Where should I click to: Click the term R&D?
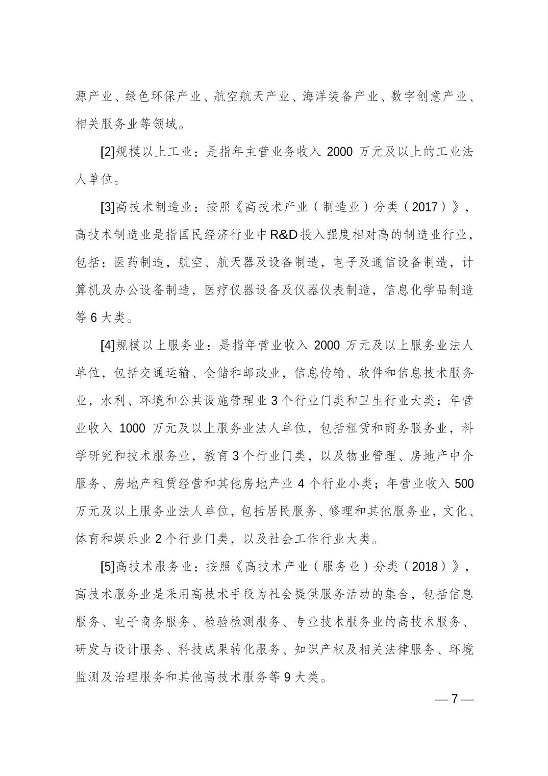click(285, 235)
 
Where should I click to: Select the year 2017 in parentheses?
click(425, 207)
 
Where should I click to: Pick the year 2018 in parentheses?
click(425, 567)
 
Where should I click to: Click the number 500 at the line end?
click(463, 483)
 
